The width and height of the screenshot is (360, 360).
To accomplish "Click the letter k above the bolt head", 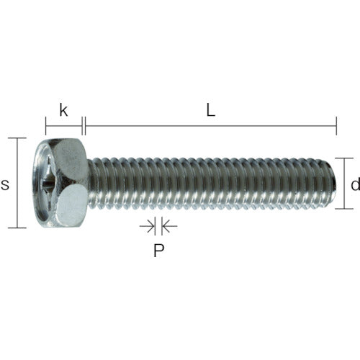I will pos(63,111).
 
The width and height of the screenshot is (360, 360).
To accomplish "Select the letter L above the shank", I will pos(210,111).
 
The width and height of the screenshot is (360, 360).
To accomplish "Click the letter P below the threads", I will pos(158,251).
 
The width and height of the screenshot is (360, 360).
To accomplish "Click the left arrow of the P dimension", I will pos(148,227).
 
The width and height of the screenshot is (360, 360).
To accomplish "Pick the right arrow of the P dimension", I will pos(168,227).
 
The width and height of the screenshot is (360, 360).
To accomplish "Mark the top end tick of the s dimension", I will pos(17,138).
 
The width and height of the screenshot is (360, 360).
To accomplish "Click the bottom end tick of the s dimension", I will pos(17,228).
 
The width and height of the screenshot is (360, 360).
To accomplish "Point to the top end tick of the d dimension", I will pos(343,158).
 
